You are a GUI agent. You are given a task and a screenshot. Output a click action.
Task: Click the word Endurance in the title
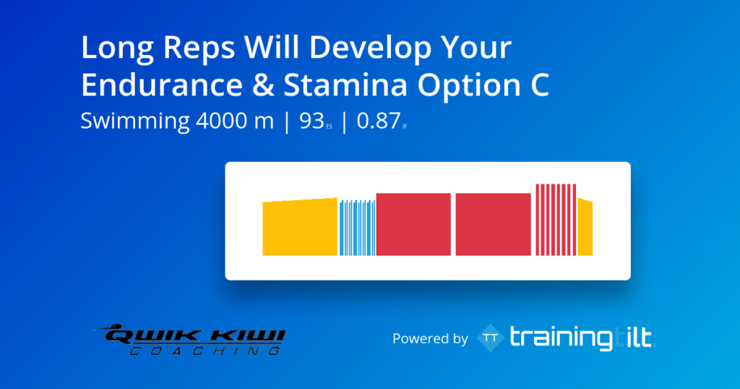coord(162,85)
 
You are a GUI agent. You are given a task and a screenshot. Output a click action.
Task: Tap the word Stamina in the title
coord(345,85)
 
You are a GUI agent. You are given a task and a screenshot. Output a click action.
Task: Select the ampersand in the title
coord(263,85)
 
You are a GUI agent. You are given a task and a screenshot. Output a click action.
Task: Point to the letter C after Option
coord(538,85)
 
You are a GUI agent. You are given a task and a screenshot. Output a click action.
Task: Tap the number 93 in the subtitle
coord(311,121)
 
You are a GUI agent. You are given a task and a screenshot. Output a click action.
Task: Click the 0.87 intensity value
coord(379,121)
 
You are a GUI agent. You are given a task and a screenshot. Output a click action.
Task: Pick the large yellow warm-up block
coord(300,227)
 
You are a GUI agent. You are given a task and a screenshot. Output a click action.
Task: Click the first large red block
coord(413,224)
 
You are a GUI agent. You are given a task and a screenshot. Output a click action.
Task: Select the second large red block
coord(493,224)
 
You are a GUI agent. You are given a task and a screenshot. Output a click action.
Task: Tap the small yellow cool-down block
coord(585,228)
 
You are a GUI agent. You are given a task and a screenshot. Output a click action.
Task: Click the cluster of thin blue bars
coord(357,228)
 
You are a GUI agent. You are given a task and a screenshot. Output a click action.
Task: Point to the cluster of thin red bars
coord(556,220)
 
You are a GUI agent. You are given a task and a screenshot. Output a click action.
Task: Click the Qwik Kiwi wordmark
coord(190,335)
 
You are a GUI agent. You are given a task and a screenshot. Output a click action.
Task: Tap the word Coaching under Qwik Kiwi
coord(205,351)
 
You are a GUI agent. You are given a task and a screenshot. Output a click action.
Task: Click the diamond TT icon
coord(491,338)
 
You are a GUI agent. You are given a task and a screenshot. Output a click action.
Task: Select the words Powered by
coord(430,338)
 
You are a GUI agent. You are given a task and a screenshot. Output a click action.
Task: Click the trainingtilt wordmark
coord(582,338)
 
